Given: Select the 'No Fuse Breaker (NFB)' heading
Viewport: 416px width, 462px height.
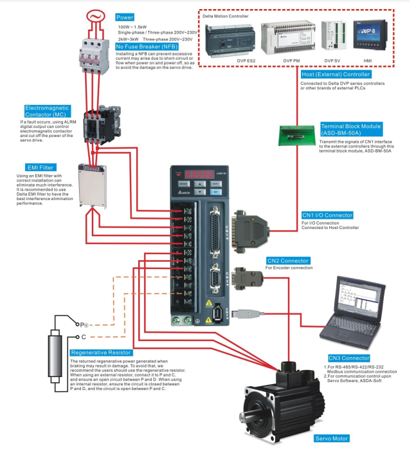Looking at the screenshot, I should click(147, 46).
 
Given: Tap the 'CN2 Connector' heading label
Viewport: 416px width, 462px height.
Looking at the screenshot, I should click(288, 261).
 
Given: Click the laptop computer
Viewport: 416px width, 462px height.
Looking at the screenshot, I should click(355, 306).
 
